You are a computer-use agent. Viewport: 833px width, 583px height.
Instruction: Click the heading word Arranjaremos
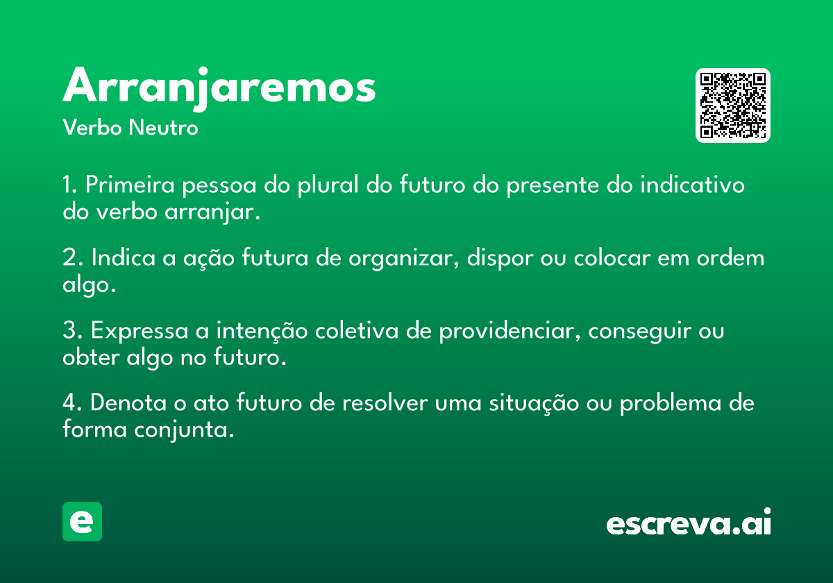coord(219,88)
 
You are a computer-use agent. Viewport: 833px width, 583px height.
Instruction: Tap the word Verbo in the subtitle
coord(92,128)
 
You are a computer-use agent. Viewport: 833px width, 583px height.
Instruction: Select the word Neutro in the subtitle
coord(163,128)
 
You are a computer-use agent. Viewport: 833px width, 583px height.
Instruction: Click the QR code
coord(732,105)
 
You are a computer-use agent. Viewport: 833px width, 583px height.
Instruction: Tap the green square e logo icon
coord(82,521)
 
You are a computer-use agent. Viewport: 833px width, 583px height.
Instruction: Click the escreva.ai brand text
coord(689,522)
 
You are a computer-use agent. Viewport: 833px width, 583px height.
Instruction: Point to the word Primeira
coord(130,185)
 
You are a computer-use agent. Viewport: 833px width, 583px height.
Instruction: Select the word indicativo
coord(692,185)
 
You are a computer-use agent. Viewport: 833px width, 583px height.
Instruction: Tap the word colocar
coord(612,257)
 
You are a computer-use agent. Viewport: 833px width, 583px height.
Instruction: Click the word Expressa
coord(140,330)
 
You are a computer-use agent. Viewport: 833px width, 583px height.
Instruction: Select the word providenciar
coord(507,330)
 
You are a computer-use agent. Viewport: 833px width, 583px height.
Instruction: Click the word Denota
coord(128,403)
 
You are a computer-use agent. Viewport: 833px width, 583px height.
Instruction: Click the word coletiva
coord(357,330)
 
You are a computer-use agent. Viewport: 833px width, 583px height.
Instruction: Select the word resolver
coord(385,403)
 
